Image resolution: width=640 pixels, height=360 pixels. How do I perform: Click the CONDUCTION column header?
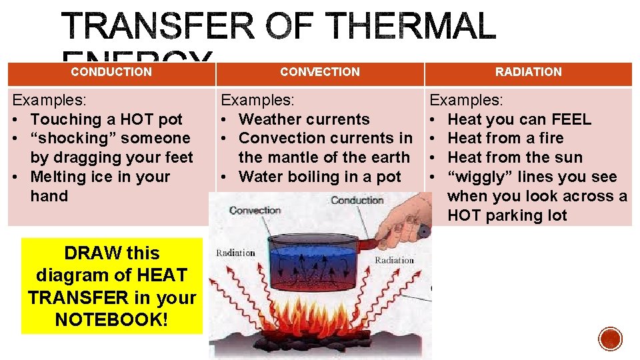(x=111, y=72)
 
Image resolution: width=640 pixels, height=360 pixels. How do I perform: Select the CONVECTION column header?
(x=320, y=72)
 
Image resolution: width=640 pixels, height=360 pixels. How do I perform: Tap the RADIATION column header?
(x=528, y=72)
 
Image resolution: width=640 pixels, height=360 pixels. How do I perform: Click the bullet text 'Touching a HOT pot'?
(x=107, y=119)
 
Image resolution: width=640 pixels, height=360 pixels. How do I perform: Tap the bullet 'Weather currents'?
(x=304, y=119)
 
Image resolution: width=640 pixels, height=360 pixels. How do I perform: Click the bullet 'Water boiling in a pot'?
(x=320, y=177)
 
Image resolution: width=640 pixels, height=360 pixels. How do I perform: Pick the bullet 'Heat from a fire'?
(x=505, y=139)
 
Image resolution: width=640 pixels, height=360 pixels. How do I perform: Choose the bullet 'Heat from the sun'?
(x=515, y=158)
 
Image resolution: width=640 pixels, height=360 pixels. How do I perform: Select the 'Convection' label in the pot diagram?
(x=255, y=211)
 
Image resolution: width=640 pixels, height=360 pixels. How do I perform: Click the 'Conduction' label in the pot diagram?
(x=357, y=200)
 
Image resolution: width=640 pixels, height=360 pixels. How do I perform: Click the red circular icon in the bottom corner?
(x=610, y=338)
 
